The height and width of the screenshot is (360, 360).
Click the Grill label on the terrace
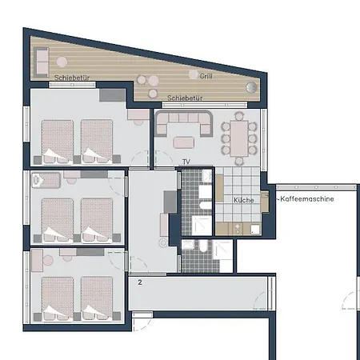click(x=206, y=76)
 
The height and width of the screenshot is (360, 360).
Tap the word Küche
click(x=243, y=200)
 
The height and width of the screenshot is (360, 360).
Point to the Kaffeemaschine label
click(x=307, y=199)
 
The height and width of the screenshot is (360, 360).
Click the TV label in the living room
click(x=186, y=162)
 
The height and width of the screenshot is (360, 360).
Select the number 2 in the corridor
click(x=140, y=282)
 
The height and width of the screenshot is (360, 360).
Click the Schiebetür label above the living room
click(x=185, y=98)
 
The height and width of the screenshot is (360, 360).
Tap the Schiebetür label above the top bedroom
click(x=72, y=78)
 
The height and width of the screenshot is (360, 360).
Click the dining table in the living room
click(x=239, y=138)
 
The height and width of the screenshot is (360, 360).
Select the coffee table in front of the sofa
click(x=183, y=142)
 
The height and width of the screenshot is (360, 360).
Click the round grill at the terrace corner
click(x=251, y=87)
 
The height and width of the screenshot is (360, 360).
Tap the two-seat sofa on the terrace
click(x=42, y=62)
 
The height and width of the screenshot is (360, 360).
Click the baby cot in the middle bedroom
click(x=46, y=180)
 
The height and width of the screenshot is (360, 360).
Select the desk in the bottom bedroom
click(x=37, y=260)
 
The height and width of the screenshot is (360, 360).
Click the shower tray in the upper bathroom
click(x=202, y=226)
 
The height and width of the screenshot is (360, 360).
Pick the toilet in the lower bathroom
click(x=203, y=246)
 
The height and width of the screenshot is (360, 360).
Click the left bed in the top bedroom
click(x=58, y=142)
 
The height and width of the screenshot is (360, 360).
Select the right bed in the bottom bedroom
click(x=97, y=298)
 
